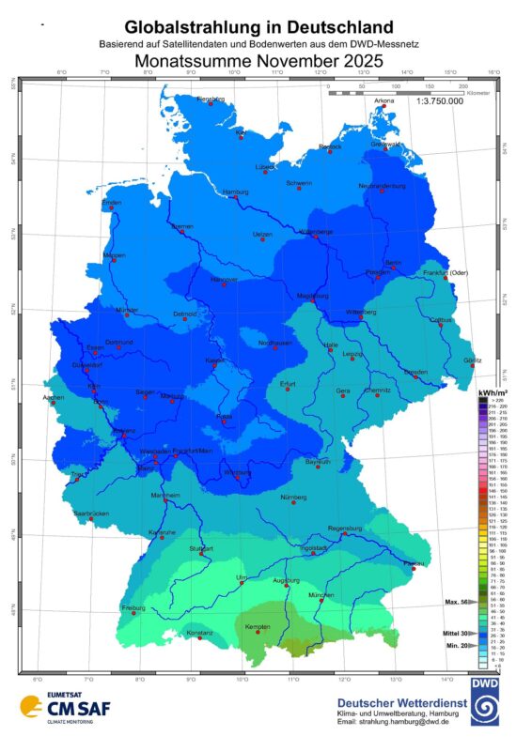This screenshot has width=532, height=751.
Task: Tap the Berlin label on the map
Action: click(393, 262)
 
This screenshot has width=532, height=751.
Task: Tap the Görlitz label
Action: click(472, 360)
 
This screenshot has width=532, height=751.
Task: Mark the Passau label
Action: click(410, 561)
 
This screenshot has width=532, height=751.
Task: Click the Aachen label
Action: click(55, 398)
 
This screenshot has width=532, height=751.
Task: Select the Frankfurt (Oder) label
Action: click(446, 272)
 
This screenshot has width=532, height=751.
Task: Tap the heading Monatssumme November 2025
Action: click(258, 61)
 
